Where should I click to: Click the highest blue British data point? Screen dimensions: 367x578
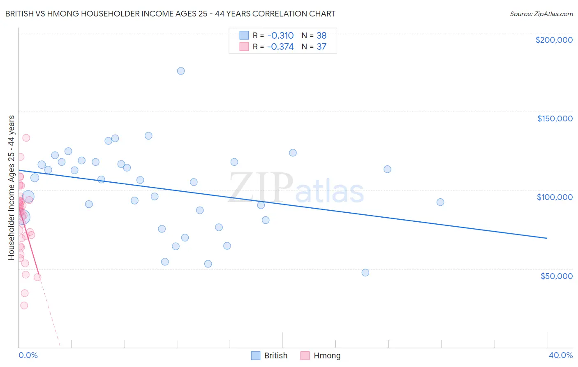(181, 71)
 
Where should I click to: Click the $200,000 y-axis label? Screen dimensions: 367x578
(554, 40)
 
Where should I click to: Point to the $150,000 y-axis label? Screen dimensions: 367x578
(555, 118)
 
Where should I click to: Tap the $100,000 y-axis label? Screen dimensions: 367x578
(555, 197)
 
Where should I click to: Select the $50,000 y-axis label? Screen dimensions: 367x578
(556, 276)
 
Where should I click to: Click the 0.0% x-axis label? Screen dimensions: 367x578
(28, 355)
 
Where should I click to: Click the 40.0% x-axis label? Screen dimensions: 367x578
(560, 355)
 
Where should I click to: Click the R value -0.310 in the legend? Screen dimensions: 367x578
(280, 35)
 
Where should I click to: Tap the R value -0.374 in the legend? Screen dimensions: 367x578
(280, 46)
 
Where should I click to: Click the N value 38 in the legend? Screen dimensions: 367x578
(321, 35)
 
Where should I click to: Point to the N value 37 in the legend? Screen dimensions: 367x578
(321, 46)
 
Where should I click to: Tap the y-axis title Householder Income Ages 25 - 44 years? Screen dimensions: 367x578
(11, 188)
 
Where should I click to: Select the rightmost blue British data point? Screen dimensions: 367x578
(440, 202)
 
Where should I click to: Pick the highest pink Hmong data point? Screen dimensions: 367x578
(26, 138)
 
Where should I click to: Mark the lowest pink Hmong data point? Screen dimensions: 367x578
(24, 305)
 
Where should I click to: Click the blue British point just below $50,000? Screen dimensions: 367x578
(365, 272)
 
